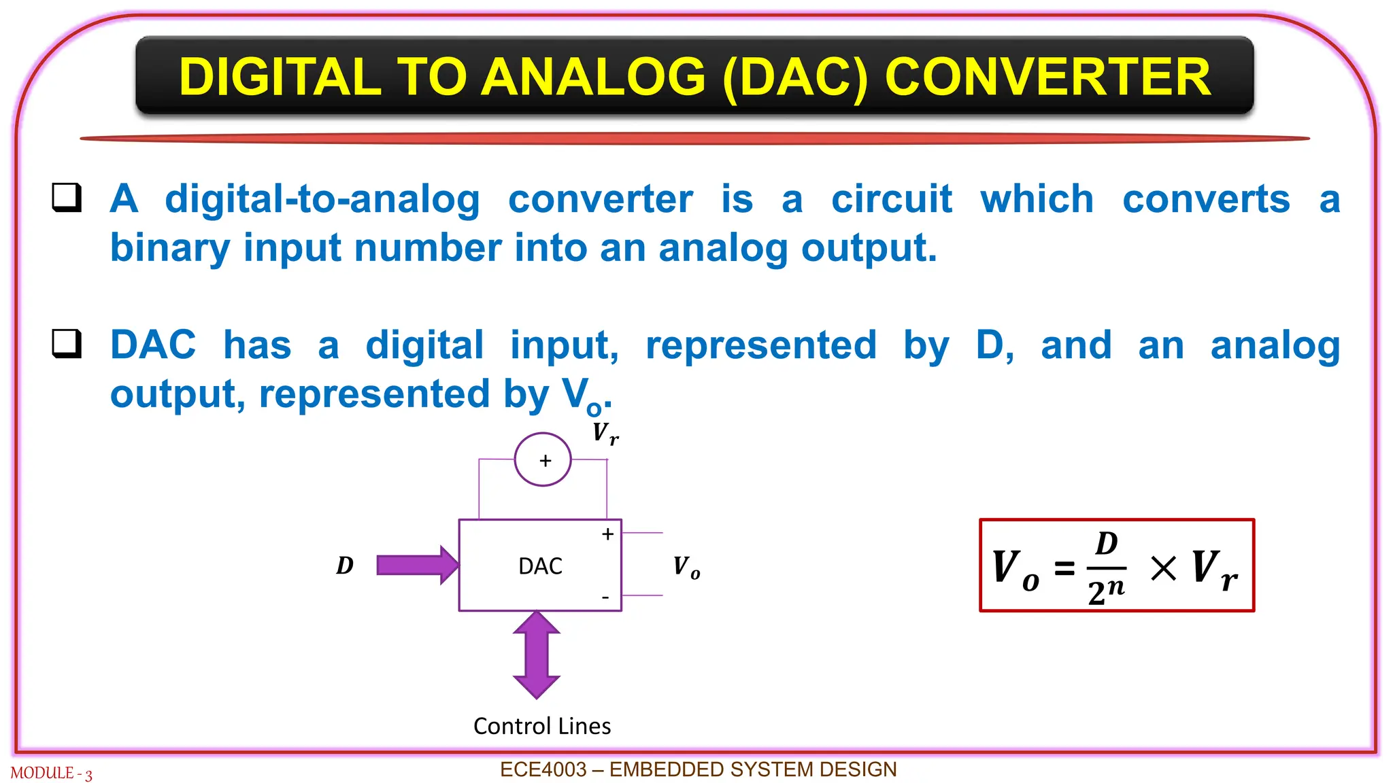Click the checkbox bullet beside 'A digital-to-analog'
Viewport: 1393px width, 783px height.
pos(67,198)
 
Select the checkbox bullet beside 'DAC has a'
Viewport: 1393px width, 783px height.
pos(67,344)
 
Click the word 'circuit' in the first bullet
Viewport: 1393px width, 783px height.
pos(891,199)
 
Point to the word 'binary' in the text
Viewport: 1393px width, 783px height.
pos(170,248)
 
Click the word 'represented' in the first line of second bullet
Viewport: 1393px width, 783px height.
pos(760,345)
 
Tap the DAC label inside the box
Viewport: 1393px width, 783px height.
pos(540,566)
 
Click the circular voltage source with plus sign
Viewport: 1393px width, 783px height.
pos(543,460)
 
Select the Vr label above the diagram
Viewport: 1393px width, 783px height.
pos(605,433)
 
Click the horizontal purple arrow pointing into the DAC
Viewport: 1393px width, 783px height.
pos(416,565)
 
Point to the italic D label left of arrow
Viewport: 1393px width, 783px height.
pos(345,565)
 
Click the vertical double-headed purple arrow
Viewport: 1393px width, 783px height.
pos(537,655)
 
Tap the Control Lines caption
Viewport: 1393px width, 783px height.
pos(542,726)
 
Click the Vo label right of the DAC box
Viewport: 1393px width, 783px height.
pos(686,566)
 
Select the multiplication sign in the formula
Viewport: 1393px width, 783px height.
pos(1163,568)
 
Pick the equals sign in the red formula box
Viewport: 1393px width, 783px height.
pos(1064,568)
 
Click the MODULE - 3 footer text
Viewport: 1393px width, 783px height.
pos(51,773)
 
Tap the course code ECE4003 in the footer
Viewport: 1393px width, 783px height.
pos(543,769)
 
